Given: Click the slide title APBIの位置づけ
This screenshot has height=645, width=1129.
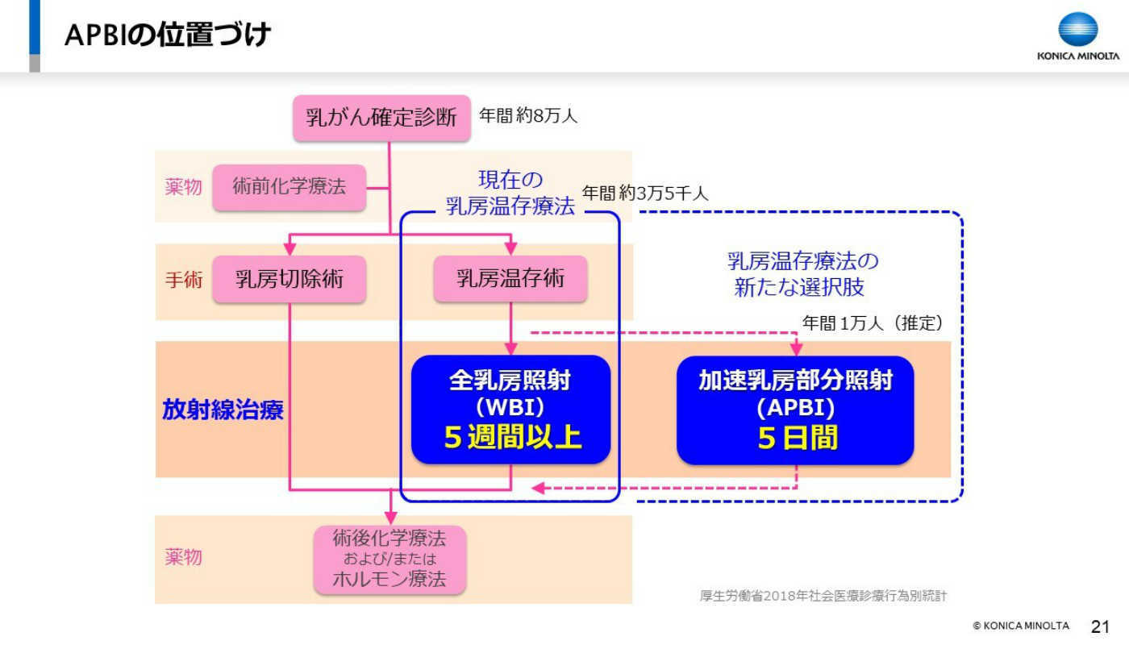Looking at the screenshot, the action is coord(168,34).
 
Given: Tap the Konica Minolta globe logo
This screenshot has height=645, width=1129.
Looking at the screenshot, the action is coord(1077,29).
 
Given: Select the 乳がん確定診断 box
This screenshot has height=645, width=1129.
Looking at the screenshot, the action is coord(381,118).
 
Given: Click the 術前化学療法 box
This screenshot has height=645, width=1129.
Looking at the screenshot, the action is coord(289,187).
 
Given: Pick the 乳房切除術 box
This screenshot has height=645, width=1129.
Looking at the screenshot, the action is coord(289,279).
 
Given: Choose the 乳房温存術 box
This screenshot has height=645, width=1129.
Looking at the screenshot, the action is coord(510,279).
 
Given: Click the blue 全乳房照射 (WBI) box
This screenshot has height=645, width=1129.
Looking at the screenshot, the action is coord(510,410).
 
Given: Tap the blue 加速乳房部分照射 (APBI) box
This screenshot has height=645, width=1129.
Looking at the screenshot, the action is coord(795,410).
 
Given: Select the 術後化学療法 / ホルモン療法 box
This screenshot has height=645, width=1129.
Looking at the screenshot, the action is coord(390,560).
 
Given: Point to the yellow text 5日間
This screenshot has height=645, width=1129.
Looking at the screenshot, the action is coord(798,437).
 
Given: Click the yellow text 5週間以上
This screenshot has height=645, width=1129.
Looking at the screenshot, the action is coord(513,436).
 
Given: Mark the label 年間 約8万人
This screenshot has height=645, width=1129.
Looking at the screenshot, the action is coord(527,116).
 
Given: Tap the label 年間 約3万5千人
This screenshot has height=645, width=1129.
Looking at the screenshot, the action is coord(644,193).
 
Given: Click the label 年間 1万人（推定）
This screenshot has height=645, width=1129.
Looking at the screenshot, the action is coord(873,323).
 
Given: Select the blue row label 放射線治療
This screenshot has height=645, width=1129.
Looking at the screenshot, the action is coord(223,410).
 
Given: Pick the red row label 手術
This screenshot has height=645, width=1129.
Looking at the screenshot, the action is coord(184,280).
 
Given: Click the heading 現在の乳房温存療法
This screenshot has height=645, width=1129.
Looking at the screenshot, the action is coord(510,193).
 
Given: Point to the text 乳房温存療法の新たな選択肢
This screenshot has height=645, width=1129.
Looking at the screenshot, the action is coord(802,274).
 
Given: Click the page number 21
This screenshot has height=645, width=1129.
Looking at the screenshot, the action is coord(1100,626).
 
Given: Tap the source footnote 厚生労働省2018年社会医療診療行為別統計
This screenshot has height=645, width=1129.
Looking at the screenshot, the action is coord(823,596).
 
